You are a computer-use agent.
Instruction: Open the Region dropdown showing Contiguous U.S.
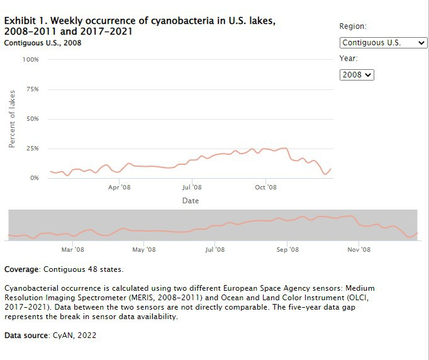tap(383, 43)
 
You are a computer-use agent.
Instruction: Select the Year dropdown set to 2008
tap(357, 74)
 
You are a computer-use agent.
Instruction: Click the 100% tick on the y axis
tap(31, 60)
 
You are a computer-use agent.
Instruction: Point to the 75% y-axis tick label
tap(32, 89)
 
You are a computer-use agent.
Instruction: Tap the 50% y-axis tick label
tap(32, 119)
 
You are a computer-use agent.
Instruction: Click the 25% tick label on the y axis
tap(32, 149)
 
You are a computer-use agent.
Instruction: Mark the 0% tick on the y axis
tap(34, 178)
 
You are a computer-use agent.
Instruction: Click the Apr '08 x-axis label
tap(119, 188)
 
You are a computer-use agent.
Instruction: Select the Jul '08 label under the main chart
tap(192, 188)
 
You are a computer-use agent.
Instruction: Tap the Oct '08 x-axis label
tap(265, 188)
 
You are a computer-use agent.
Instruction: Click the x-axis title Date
tap(191, 201)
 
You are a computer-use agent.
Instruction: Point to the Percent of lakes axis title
tap(12, 119)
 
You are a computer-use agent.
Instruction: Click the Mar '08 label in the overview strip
tap(73, 250)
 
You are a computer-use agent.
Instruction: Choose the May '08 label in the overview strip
tap(144, 250)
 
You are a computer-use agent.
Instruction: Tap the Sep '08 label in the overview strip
tap(287, 250)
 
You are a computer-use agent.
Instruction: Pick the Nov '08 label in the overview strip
tap(359, 250)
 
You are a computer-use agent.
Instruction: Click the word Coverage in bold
tap(22, 269)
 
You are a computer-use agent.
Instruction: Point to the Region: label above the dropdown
tap(353, 26)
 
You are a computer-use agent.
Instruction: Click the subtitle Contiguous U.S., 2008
tap(43, 43)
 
